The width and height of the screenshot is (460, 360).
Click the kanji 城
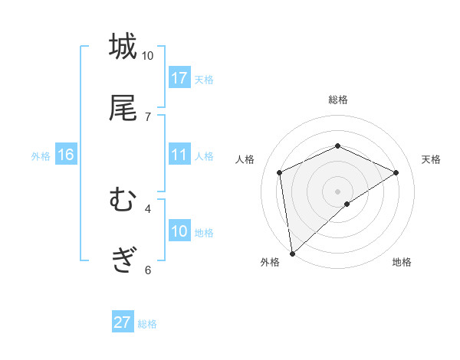pyautogui.click(x=123, y=47)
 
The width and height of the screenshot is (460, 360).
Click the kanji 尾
pyautogui.click(x=123, y=108)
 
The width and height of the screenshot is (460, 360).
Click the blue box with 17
pyautogui.click(x=179, y=78)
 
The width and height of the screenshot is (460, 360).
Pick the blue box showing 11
pyautogui.click(x=179, y=155)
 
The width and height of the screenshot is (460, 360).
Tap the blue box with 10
pyautogui.click(x=179, y=231)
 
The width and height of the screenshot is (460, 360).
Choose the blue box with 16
pyautogui.click(x=66, y=155)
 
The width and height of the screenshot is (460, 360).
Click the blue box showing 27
pyautogui.click(x=123, y=322)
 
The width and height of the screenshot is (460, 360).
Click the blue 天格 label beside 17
pyautogui.click(x=204, y=79)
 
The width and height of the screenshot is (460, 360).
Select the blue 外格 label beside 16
pyautogui.click(x=41, y=155)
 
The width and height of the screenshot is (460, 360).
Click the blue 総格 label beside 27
pyautogui.click(x=147, y=323)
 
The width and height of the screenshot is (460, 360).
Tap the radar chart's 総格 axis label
pyautogui.click(x=337, y=100)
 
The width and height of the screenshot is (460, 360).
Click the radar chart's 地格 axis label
pyautogui.click(x=402, y=262)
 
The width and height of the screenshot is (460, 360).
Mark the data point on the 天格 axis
pyautogui.click(x=396, y=172)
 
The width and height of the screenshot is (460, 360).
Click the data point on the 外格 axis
pyautogui.click(x=292, y=253)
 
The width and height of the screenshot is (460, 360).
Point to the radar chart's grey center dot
pyautogui.click(x=337, y=191)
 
